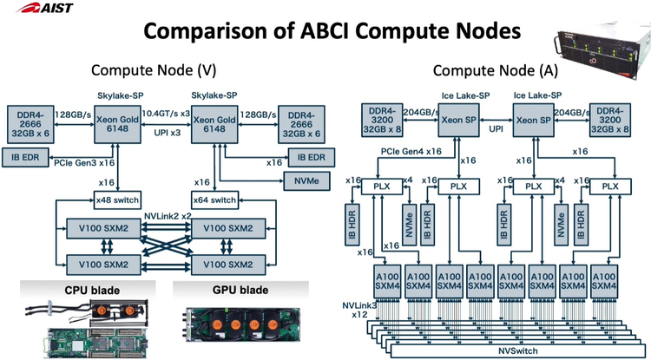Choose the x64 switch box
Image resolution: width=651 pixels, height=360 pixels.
213,200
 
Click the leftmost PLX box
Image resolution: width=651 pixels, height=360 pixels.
383,186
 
